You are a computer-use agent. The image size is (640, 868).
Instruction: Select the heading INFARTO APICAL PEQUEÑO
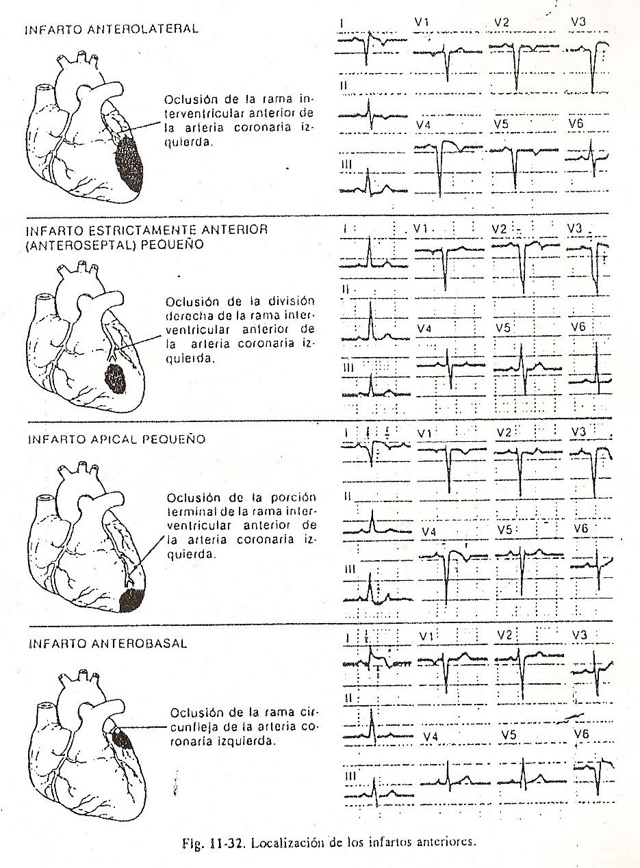point(116,439)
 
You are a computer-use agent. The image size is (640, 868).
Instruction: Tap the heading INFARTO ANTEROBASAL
point(107,644)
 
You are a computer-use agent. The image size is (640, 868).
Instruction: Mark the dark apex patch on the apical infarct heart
point(130,599)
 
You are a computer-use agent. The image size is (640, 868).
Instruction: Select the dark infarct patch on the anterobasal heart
point(124,739)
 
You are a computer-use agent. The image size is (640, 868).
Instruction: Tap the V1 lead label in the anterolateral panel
point(422,22)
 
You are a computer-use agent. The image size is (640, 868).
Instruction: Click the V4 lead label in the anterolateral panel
point(424,124)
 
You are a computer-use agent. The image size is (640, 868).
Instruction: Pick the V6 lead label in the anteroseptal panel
point(578,328)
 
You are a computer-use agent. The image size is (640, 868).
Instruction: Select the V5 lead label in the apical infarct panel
point(505,530)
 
